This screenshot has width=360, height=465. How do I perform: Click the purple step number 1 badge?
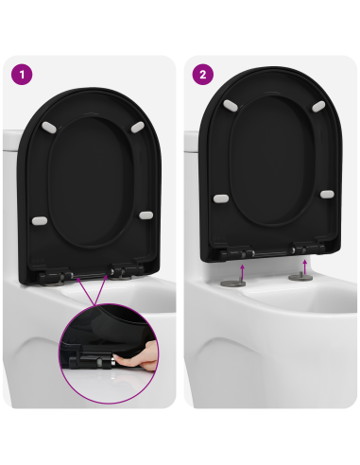coord(19,73)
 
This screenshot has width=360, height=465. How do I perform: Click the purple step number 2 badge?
coord(202,73)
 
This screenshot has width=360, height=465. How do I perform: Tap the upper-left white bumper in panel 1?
coord(48,125)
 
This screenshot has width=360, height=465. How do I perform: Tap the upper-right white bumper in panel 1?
coord(135,125)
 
